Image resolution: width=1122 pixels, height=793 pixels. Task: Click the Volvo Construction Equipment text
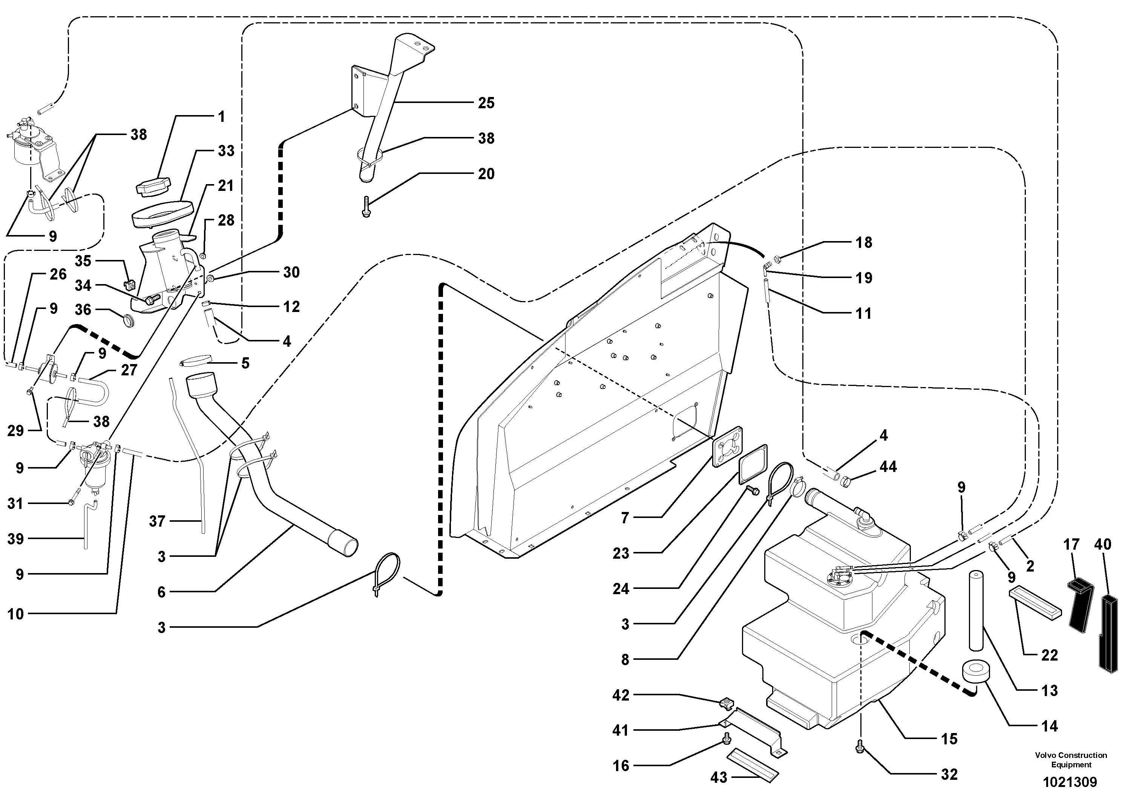[1071, 760]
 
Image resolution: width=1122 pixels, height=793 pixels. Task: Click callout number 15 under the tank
[949, 739]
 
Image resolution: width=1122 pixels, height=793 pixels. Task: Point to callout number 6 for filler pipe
[162, 592]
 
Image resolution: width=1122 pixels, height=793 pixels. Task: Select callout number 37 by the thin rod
[157, 521]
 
